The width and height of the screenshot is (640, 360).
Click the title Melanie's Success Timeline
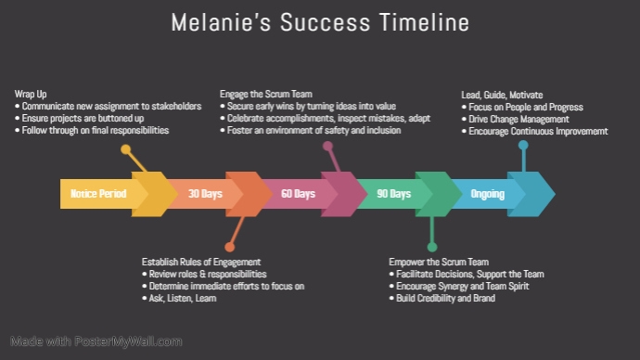320,22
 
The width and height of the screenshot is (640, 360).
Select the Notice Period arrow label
98,194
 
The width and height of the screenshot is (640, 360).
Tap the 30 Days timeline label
206,194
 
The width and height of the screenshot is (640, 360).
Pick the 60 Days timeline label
299,194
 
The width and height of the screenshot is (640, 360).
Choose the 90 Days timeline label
393,194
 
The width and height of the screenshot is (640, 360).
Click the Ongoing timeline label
488,194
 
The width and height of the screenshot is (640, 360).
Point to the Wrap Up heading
32,95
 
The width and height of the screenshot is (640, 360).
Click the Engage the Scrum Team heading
266,95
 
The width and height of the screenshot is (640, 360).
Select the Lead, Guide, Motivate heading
502,95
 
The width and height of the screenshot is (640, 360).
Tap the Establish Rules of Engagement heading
201,262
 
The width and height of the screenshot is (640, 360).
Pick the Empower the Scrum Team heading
438,262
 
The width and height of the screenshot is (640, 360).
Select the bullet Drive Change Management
519,120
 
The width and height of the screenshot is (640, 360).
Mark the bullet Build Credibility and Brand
442,298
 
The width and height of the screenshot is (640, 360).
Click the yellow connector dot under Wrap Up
126,148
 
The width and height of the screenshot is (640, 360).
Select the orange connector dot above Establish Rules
229,247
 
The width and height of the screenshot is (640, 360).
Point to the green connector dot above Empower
432,247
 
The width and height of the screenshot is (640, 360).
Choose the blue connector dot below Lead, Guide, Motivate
524,145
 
